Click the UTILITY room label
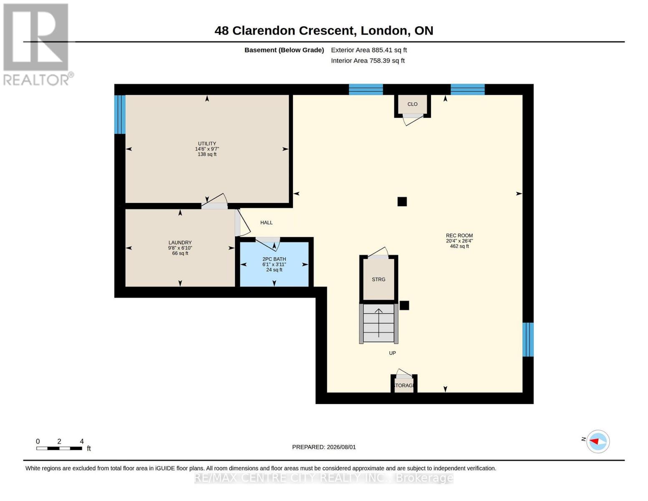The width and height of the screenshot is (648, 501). click(x=207, y=144)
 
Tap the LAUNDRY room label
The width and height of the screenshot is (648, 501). click(x=180, y=243)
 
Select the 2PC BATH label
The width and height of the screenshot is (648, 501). click(x=274, y=259)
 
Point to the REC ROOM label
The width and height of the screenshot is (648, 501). click(x=459, y=235)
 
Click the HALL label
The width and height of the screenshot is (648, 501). click(x=266, y=223)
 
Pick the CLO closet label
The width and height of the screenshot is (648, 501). click(x=412, y=104)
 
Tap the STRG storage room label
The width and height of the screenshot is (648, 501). click(x=378, y=279)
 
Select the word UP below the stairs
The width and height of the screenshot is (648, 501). click(x=393, y=353)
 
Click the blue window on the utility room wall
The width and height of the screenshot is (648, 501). click(x=120, y=114)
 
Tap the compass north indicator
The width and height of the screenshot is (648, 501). click(x=598, y=442)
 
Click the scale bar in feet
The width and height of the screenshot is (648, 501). click(x=59, y=448)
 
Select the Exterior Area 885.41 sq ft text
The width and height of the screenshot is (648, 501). click(x=369, y=50)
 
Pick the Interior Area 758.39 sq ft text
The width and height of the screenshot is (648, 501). click(x=368, y=61)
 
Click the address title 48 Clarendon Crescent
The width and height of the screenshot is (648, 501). click(x=285, y=30)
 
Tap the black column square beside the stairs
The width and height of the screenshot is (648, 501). click(x=404, y=305)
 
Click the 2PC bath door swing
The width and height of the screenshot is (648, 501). click(x=267, y=244)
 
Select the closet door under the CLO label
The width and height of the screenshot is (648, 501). click(x=412, y=119)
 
